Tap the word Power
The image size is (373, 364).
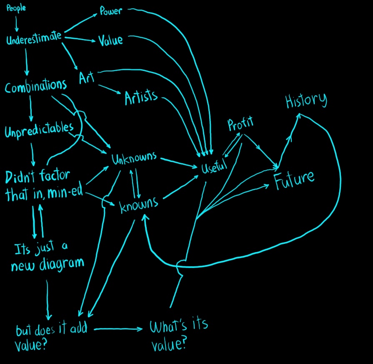[x=110, y=11]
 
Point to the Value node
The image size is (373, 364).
[x=110, y=40]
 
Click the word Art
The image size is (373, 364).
[x=87, y=78]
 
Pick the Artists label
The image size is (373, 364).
[x=141, y=97]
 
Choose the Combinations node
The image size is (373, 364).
[x=36, y=86]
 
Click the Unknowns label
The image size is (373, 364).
[x=134, y=158]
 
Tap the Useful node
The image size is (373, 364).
[x=214, y=167]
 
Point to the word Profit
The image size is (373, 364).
[x=240, y=124]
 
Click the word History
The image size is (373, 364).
[x=306, y=101]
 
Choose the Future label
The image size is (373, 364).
[x=294, y=179]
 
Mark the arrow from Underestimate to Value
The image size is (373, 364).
[x=80, y=40]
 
